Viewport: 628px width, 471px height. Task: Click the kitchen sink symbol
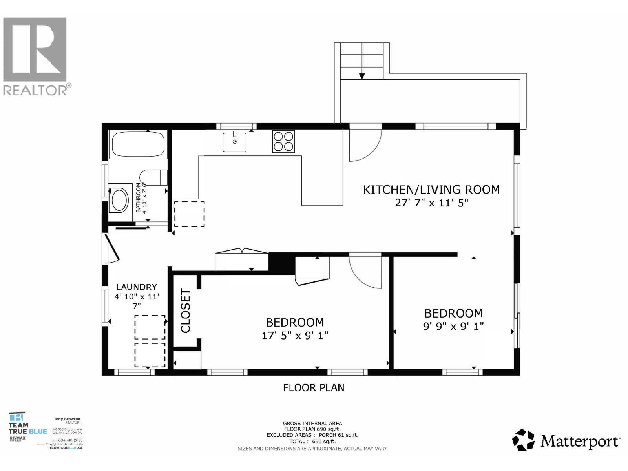[234, 142]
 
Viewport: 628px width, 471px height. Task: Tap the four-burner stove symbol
[283, 142]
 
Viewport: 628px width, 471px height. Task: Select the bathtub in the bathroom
[138, 144]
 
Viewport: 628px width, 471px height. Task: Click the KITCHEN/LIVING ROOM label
[431, 190]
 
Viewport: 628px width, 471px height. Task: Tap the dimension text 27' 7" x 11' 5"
[431, 203]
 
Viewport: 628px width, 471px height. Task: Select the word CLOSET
[185, 311]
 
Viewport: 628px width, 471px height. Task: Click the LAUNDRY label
[136, 287]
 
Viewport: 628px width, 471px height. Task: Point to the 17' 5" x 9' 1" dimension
[295, 336]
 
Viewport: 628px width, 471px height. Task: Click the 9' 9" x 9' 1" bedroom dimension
[453, 326]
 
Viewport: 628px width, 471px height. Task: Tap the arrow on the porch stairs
[362, 75]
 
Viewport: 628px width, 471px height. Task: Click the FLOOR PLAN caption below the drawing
[314, 388]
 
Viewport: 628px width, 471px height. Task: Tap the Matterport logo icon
[524, 440]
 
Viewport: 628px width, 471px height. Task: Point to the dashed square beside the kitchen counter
[189, 214]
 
